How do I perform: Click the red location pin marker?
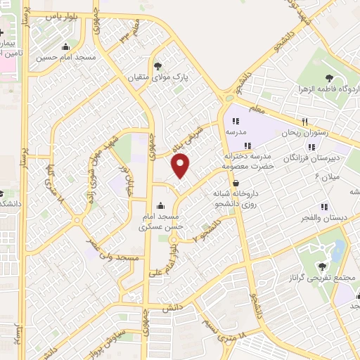[x=181, y=166]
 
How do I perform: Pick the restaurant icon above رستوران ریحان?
[x=304, y=121]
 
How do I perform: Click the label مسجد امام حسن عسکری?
[x=161, y=221]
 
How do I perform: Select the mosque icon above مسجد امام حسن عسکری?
[x=161, y=206]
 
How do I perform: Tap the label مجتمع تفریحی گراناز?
[x=319, y=279]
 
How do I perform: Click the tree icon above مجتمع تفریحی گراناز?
[x=322, y=266]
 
